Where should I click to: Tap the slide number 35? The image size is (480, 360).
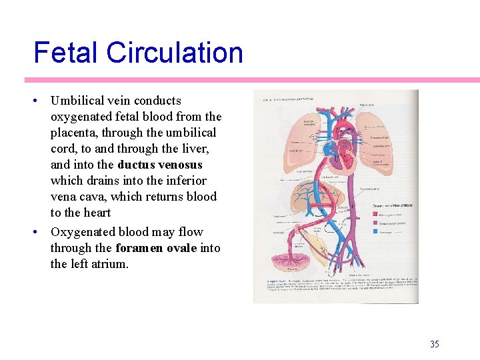click(435, 344)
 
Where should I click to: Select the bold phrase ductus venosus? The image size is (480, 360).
click(159, 165)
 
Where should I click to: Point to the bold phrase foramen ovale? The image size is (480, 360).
click(156, 248)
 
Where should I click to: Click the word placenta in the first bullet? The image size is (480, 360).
click(75, 133)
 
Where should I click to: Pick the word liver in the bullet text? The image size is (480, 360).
click(201, 149)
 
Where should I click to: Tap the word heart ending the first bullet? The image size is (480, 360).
click(97, 213)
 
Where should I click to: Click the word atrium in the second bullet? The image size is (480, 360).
click(110, 264)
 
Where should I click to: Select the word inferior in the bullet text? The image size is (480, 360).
click(186, 181)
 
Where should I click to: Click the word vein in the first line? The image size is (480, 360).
click(118, 101)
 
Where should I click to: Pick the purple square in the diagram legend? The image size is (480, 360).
click(377, 223)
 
